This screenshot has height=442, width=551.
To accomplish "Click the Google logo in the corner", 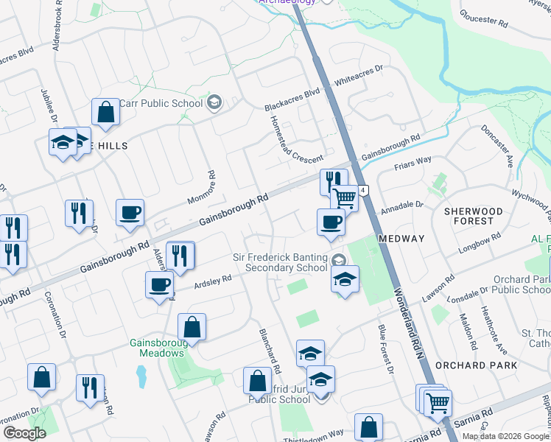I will tap(24, 433).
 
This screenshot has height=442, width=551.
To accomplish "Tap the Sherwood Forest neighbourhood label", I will tap(474, 216).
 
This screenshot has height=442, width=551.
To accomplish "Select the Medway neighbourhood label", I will tap(401, 239).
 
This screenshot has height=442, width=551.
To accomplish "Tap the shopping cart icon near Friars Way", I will tap(345, 197).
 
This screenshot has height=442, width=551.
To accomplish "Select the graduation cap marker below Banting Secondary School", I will tap(345, 279).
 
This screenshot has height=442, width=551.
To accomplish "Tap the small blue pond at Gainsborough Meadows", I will tap(141, 376).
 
